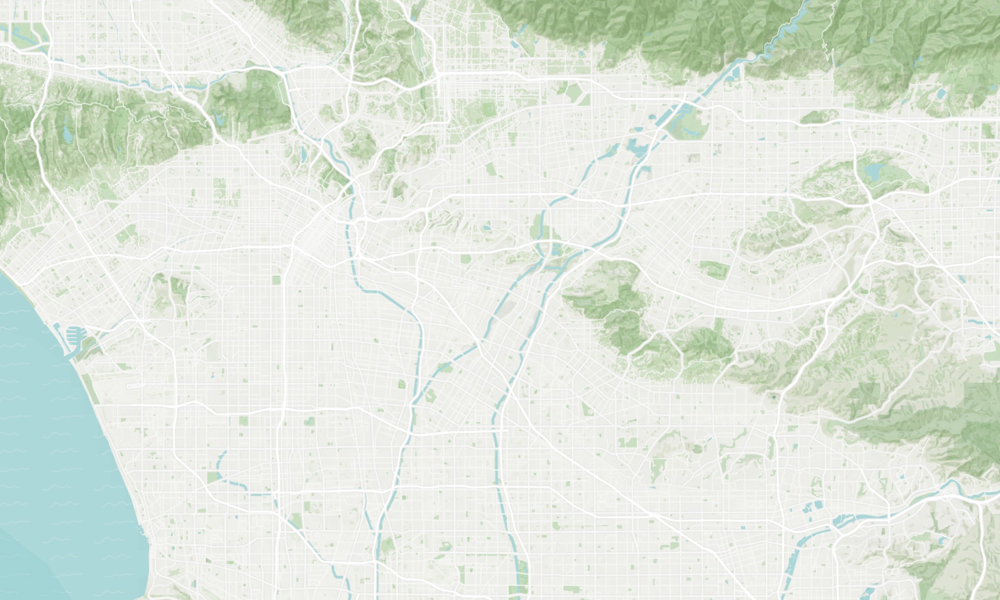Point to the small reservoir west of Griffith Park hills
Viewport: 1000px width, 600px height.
point(218,118)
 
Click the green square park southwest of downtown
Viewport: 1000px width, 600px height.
point(277,280)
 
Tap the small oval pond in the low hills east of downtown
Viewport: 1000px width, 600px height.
point(487,228)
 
